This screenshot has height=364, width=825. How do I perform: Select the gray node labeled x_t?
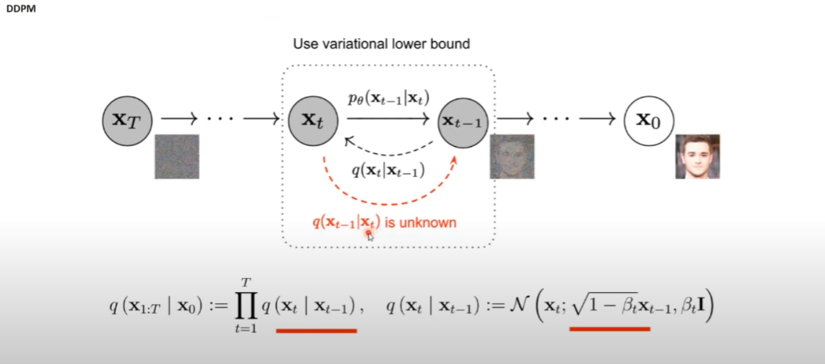[x=313, y=120]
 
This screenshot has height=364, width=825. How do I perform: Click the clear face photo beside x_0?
[x=697, y=156]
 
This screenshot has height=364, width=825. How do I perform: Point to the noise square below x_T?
[x=177, y=156]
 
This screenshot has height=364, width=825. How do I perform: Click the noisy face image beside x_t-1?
[x=512, y=156]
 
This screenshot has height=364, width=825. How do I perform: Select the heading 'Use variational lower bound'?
[x=381, y=43]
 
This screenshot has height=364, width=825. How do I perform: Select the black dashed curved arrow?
[x=389, y=150]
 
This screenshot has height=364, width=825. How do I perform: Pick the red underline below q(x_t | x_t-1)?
[x=315, y=330]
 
